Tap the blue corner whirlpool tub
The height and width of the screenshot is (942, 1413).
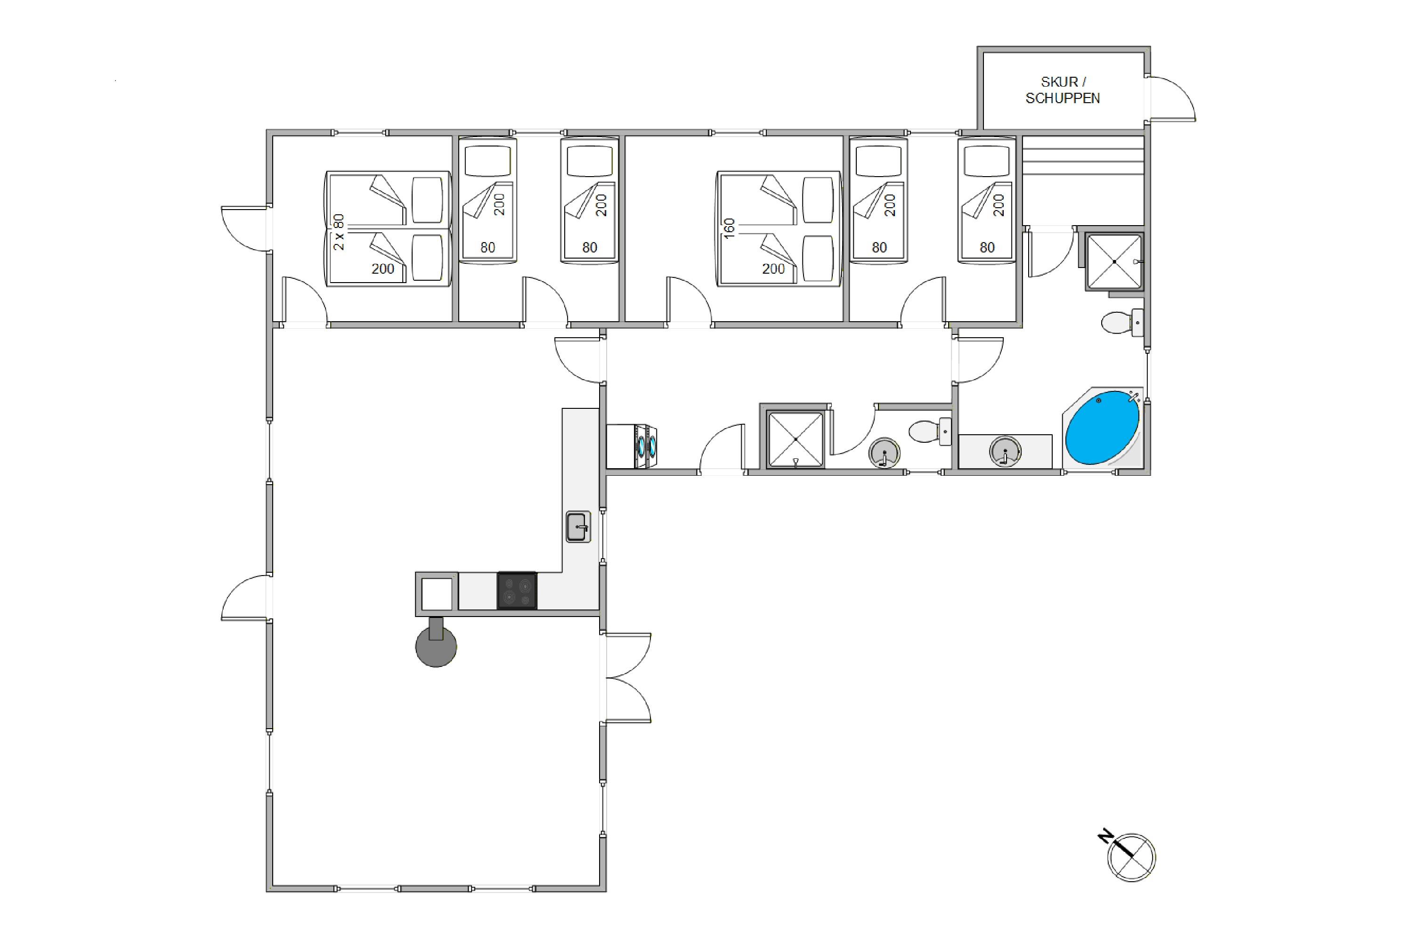[x=1103, y=427]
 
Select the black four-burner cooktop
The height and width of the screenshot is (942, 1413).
[x=517, y=591]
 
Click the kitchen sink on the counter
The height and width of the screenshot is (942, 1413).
[x=578, y=527]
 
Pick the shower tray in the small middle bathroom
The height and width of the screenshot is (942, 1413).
[x=796, y=439]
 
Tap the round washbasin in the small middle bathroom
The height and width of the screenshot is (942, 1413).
[x=885, y=452]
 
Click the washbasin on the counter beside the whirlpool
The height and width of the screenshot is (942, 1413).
[x=1005, y=451]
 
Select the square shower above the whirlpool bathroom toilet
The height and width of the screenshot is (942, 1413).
[x=1114, y=262]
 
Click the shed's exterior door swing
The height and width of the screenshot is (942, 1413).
[x=1171, y=98]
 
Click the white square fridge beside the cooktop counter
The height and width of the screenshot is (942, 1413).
[x=437, y=593]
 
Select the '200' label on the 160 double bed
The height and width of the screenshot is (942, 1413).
[x=773, y=269]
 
